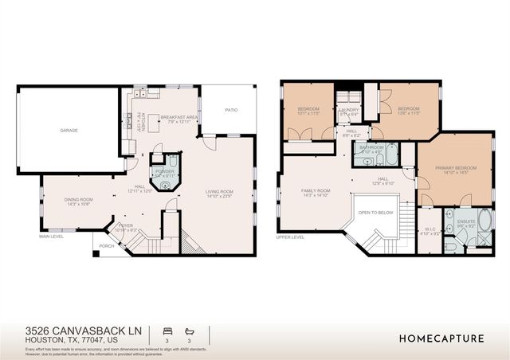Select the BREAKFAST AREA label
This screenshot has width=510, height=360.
(x=179, y=118)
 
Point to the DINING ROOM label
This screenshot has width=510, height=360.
(x=79, y=200)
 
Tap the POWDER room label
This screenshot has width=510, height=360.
(x=165, y=170)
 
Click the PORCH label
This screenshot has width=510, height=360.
(x=106, y=245)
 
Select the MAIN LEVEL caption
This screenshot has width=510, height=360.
(x=50, y=237)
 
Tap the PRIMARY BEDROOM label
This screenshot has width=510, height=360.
(x=455, y=168)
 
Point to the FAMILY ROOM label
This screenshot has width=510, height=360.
(x=316, y=191)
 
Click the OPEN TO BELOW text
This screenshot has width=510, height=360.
(x=375, y=213)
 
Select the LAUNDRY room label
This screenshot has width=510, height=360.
(x=350, y=111)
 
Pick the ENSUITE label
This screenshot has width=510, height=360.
(x=466, y=222)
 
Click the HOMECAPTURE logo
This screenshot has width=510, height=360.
(x=441, y=338)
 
